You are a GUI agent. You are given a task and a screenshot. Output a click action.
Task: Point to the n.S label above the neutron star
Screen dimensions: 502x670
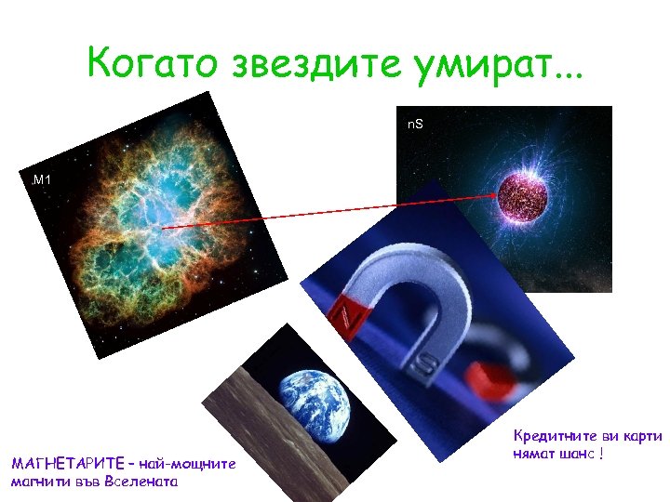(415, 124)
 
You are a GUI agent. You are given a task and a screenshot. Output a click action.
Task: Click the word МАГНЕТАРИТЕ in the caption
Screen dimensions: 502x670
(63, 463)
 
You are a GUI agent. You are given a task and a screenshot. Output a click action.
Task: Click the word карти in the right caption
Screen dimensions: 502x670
(643, 436)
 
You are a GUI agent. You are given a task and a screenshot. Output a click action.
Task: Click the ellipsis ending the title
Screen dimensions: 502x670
(562, 73)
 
